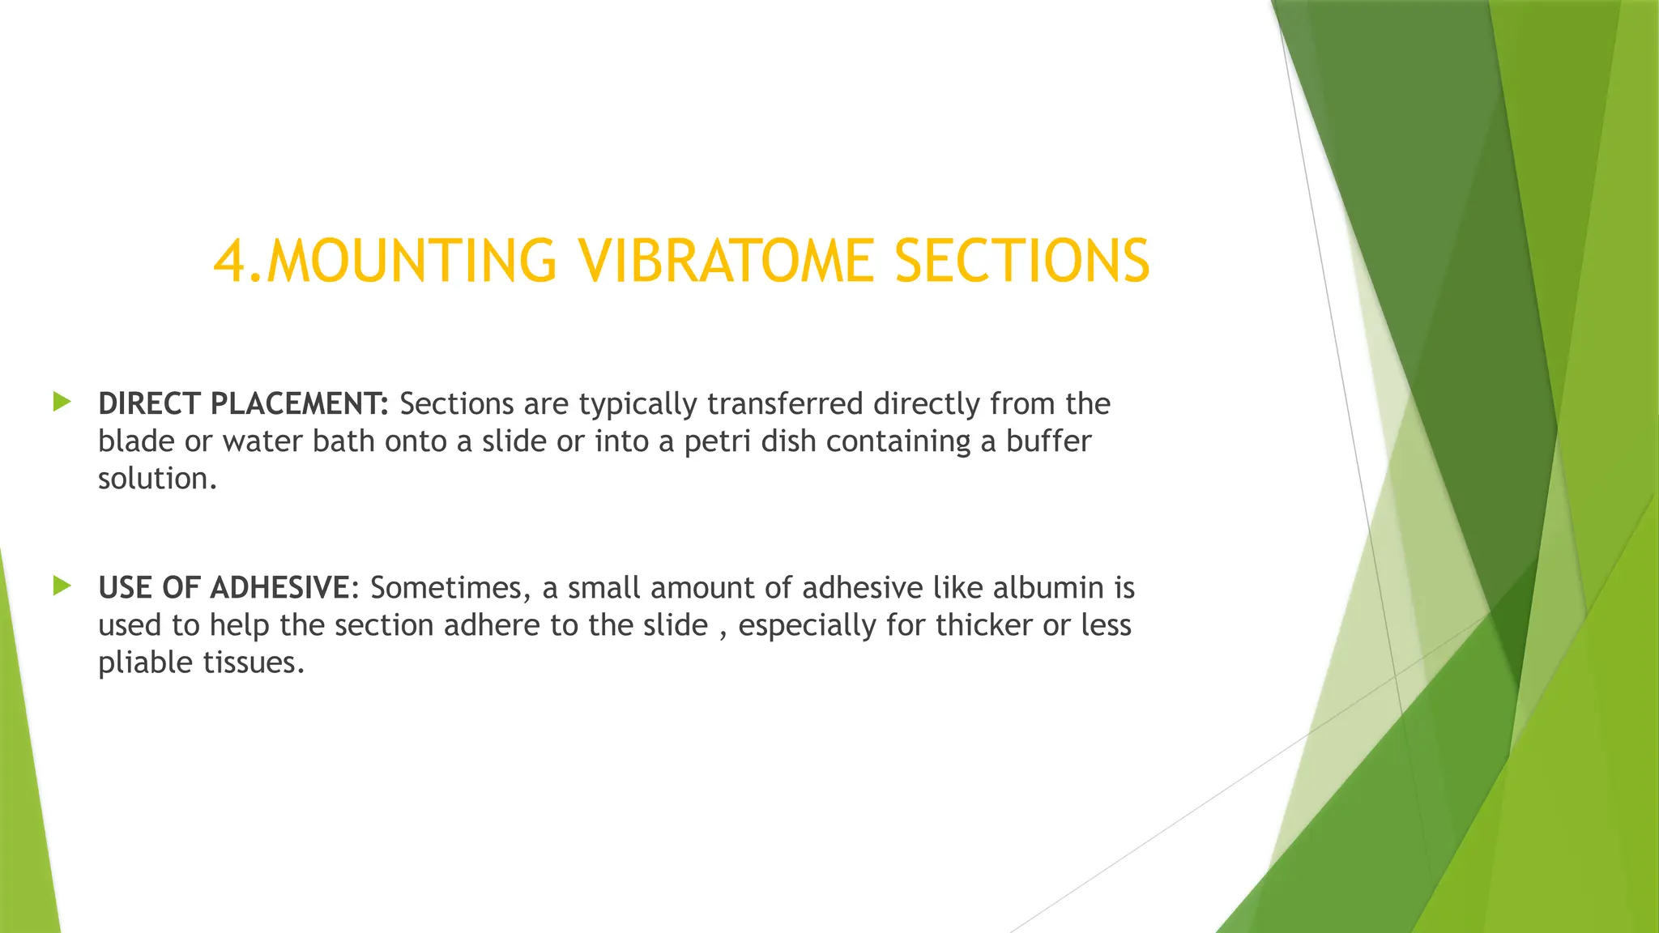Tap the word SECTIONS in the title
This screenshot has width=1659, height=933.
point(1021,262)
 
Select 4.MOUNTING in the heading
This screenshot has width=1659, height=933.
point(385,262)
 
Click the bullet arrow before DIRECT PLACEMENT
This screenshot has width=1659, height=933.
point(62,402)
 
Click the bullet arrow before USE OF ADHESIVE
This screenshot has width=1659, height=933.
point(62,586)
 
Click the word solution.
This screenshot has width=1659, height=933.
point(157,479)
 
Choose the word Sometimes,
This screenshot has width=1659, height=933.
point(450,587)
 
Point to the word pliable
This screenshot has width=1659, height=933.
point(145,663)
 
